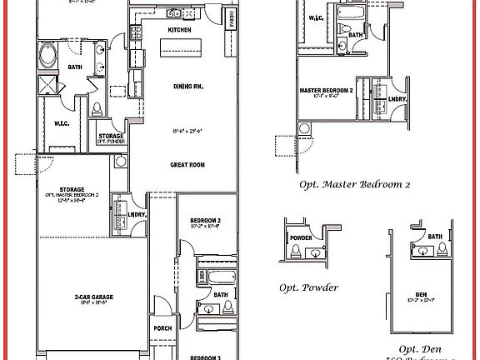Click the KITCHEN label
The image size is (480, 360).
pos(179,30)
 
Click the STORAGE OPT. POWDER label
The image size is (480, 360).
pos(111,137)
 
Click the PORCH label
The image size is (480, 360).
pos(162,328)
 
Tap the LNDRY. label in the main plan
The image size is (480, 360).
pos(137,215)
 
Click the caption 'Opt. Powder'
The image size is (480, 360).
pos(308,287)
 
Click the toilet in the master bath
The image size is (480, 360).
pos(97,108)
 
